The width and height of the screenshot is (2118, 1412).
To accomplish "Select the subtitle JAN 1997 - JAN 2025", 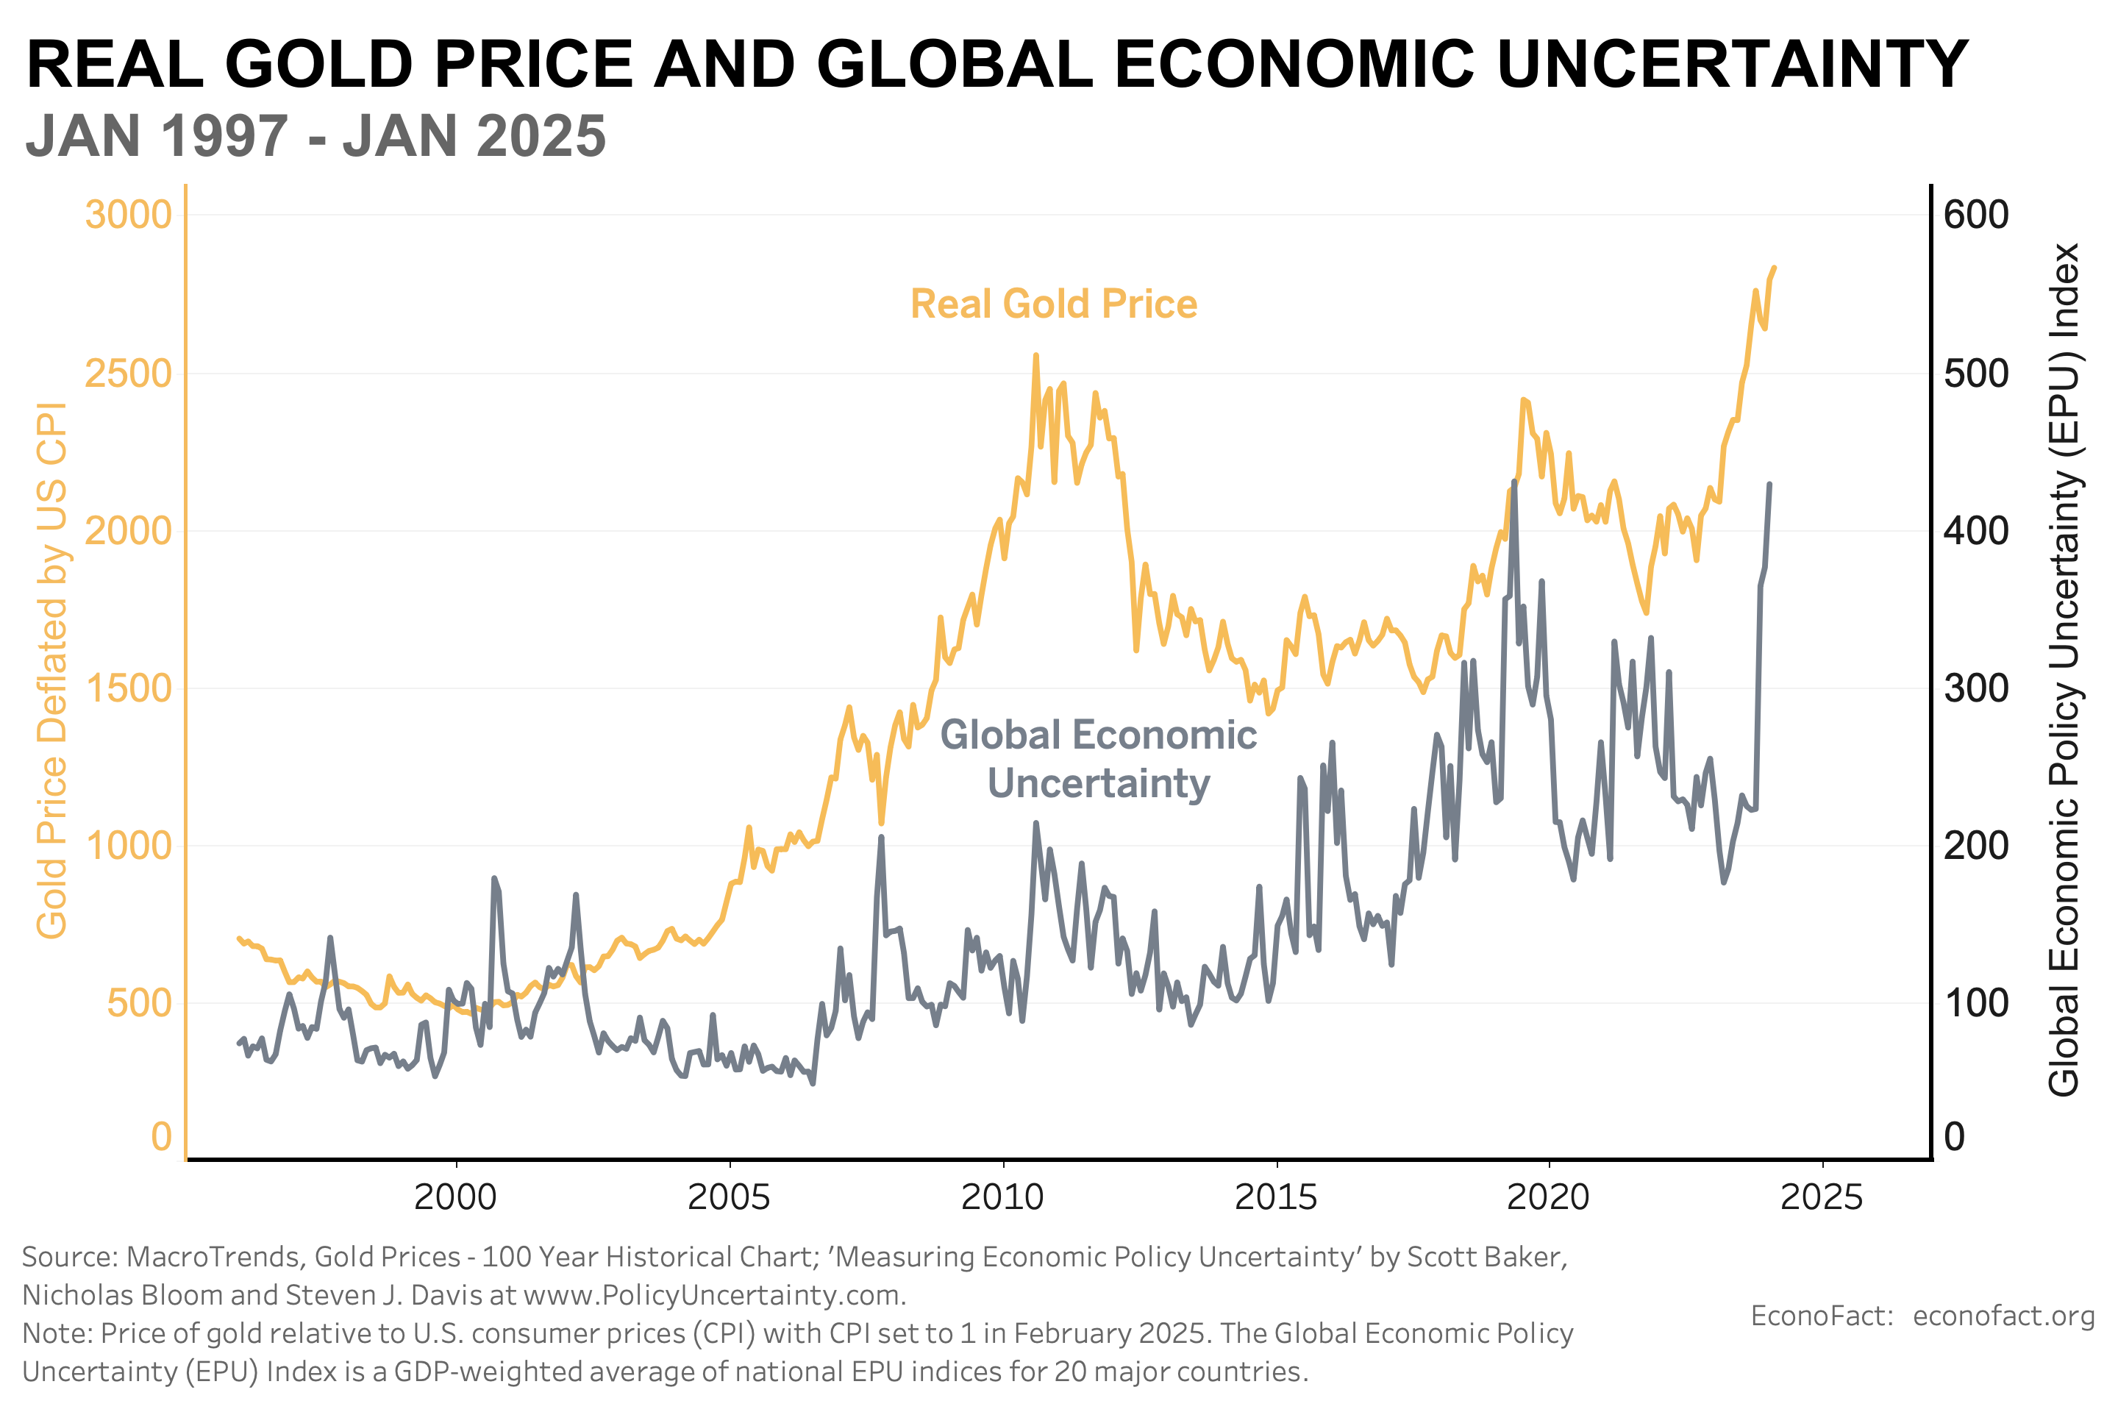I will pyautogui.click(x=316, y=137).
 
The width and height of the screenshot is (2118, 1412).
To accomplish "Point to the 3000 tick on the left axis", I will pyautogui.click(x=128, y=215).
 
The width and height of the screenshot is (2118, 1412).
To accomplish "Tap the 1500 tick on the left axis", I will pyautogui.click(x=128, y=688).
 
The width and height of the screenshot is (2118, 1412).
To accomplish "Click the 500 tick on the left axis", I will pyautogui.click(x=139, y=1002).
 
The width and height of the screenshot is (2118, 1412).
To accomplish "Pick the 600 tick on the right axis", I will pyautogui.click(x=1976, y=215).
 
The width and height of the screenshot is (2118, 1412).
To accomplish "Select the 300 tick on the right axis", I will pyautogui.click(x=1976, y=688).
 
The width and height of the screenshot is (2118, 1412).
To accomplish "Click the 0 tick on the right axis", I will pyautogui.click(x=1954, y=1136).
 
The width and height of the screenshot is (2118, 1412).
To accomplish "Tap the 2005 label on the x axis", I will pyautogui.click(x=729, y=1198).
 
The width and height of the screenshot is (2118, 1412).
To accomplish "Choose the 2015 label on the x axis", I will pyautogui.click(x=1275, y=1198).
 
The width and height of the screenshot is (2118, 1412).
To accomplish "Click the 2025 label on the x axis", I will pyautogui.click(x=1822, y=1198).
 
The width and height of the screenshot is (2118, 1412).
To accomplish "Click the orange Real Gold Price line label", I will pyautogui.click(x=1054, y=304).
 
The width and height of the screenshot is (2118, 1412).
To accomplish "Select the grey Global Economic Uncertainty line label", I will pyautogui.click(x=1099, y=758).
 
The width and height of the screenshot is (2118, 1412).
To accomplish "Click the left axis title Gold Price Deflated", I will pyautogui.click(x=52, y=670).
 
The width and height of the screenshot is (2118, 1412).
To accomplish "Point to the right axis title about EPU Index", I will pyautogui.click(x=2064, y=670).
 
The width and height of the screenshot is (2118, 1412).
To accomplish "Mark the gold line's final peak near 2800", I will pyautogui.click(x=1774, y=268).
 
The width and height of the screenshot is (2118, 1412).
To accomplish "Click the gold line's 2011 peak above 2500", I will pyautogui.click(x=1035, y=356).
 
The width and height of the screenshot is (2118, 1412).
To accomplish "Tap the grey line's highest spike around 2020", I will pyautogui.click(x=1513, y=482).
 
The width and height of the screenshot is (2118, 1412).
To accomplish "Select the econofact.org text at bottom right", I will pyautogui.click(x=2003, y=1316).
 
